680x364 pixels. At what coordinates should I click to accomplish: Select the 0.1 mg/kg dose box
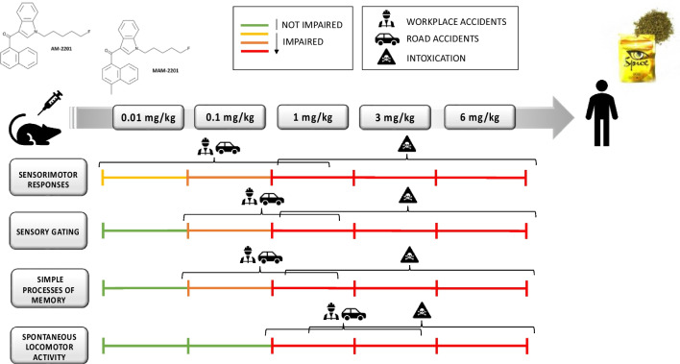(x=230, y=118)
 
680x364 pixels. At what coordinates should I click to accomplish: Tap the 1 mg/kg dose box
(x=312, y=118)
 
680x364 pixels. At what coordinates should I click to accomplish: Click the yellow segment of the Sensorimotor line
(x=144, y=178)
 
